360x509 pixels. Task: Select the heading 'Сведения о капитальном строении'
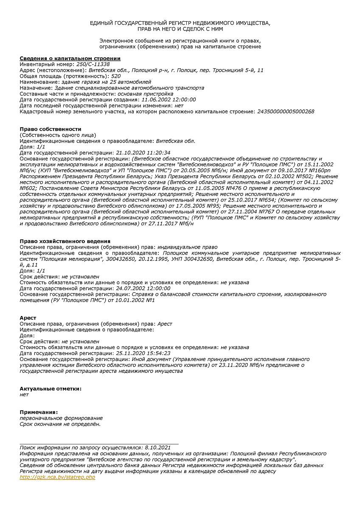(x=70, y=58)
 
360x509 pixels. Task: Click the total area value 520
(x=116, y=76)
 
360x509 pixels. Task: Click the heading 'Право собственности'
(x=51, y=129)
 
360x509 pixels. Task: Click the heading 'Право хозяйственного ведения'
(x=65, y=241)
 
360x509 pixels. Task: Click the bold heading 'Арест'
(x=28, y=318)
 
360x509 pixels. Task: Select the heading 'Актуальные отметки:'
(x=51, y=389)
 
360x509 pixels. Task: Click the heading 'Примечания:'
(x=39, y=412)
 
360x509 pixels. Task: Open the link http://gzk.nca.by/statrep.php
(x=57, y=477)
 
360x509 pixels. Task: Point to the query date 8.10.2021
(x=157, y=447)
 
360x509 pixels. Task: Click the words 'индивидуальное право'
(x=187, y=247)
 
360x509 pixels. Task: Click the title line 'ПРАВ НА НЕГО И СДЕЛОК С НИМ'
(x=180, y=29)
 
